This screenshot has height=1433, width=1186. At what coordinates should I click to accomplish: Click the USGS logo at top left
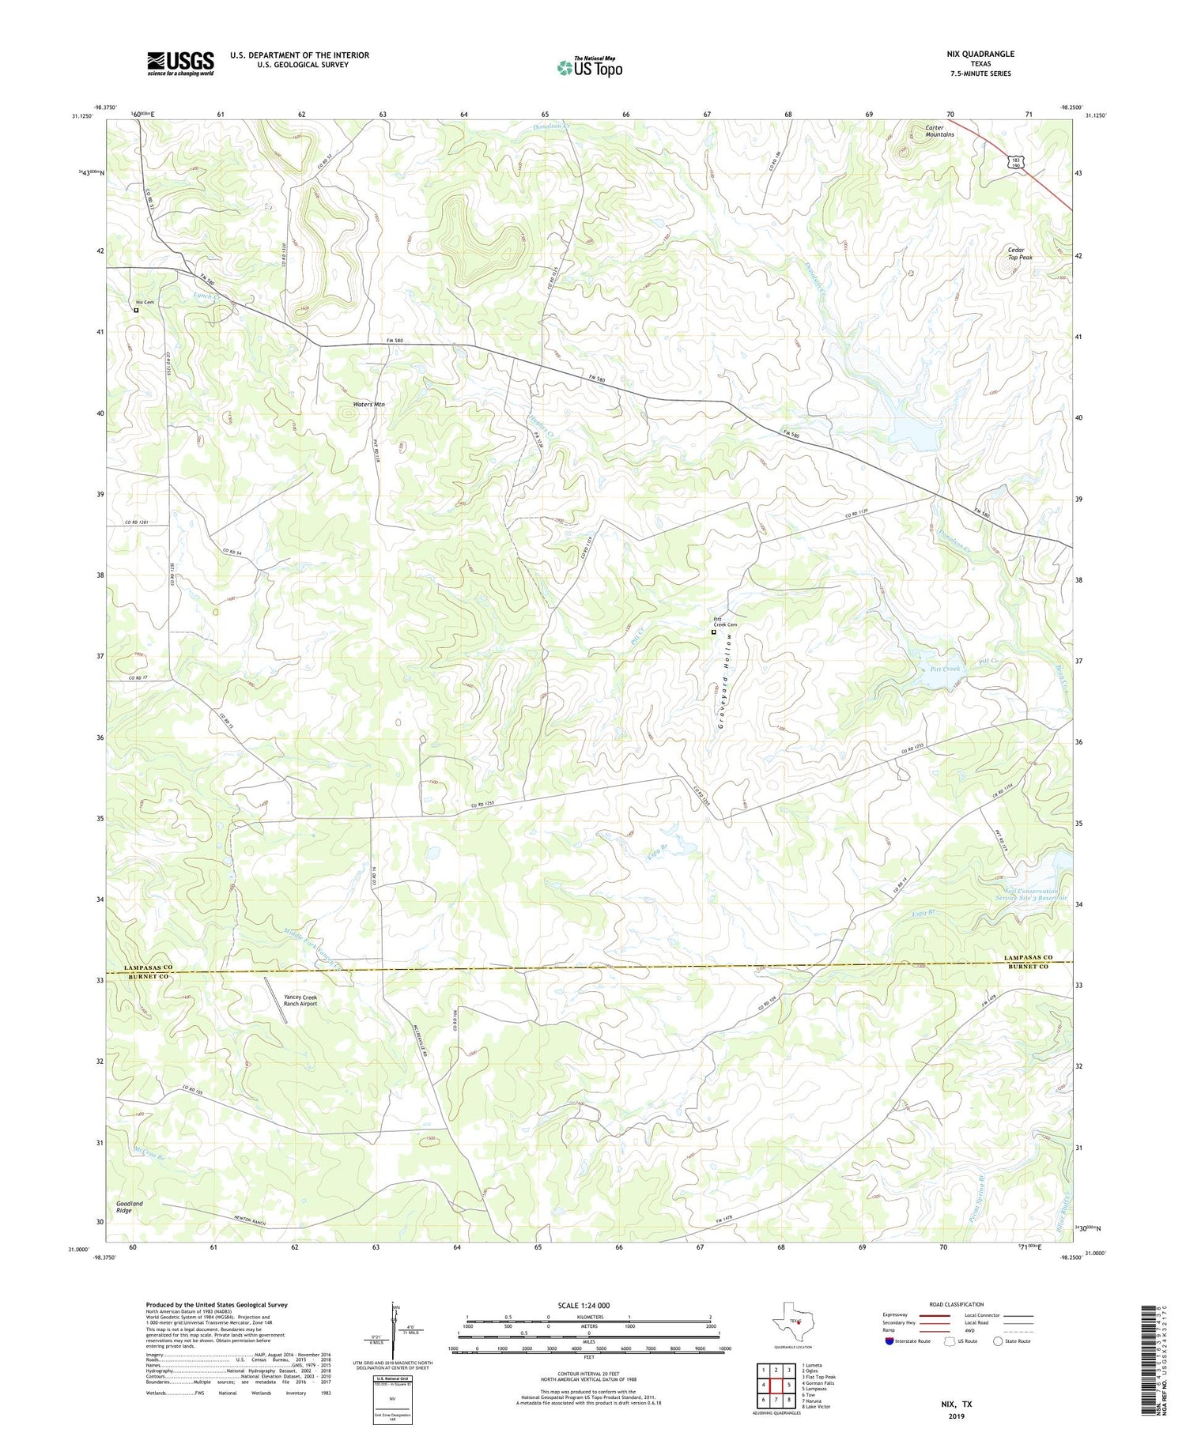pos(180,63)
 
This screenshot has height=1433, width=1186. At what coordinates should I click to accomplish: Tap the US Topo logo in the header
pos(590,67)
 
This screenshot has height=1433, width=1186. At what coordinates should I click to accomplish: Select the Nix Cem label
pos(145,303)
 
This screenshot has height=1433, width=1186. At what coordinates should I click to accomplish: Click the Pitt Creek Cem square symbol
pos(713,632)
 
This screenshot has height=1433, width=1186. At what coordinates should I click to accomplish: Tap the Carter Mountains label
pos(939,130)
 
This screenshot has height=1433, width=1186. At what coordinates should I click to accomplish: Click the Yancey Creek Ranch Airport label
pos(300,1001)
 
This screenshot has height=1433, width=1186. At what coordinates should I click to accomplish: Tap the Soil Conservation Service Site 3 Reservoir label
pos(1026,895)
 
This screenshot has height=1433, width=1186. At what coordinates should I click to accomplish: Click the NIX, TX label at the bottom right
pos(956,1404)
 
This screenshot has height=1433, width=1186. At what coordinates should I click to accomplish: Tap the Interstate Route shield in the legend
pos(889,1341)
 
